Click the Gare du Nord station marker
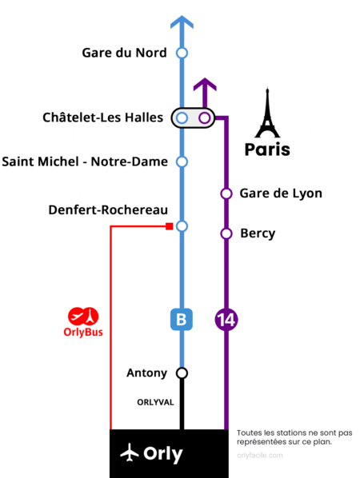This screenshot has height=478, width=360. [x=182, y=53]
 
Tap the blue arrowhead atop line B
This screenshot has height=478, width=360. [x=182, y=22]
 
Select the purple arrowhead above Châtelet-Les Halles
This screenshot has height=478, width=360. [x=205, y=85]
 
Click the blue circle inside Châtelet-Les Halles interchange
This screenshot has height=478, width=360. [x=182, y=118]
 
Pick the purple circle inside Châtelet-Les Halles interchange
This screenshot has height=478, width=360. [x=205, y=118]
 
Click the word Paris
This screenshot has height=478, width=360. [x=267, y=149]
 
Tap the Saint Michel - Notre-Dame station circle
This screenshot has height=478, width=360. [x=182, y=162]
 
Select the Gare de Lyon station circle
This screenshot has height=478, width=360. [x=226, y=193]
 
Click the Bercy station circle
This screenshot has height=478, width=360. [x=226, y=234]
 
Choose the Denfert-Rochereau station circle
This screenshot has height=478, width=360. [x=182, y=226]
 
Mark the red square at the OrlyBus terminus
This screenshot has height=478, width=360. [x=170, y=226]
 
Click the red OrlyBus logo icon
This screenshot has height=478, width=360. [x=83, y=316]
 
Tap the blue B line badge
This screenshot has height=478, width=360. [x=182, y=320]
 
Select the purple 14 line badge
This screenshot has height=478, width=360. [x=226, y=320]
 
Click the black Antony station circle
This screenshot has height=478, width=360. [x=182, y=373]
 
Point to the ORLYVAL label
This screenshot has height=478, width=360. [x=155, y=402]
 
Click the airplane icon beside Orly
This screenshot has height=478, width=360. [x=130, y=452]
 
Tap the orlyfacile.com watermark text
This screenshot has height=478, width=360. [x=260, y=456]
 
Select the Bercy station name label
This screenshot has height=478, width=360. [x=258, y=234]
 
